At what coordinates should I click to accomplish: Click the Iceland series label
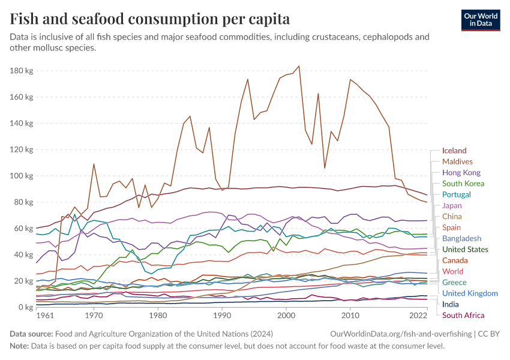click(x=454, y=151)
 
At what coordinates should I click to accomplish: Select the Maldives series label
click(x=457, y=161)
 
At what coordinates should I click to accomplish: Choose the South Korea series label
click(x=463, y=184)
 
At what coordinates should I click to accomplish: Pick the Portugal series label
click(x=457, y=194)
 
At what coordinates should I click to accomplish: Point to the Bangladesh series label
click(x=461, y=238)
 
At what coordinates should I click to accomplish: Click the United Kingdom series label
click(x=470, y=293)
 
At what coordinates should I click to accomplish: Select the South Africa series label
click(x=463, y=315)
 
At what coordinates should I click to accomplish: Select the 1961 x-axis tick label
click(x=44, y=316)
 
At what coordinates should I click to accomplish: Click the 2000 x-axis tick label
click(x=286, y=316)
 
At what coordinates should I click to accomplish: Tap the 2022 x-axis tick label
click(x=418, y=316)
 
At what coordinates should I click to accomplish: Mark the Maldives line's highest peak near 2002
click(x=299, y=66)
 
